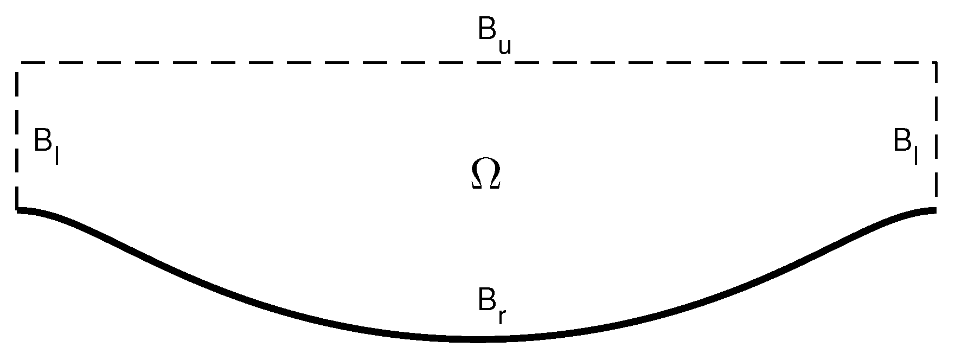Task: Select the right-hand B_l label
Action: click(x=905, y=145)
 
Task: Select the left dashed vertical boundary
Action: click(x=18, y=136)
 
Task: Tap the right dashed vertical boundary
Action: click(x=935, y=136)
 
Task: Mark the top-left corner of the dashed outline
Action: click(x=18, y=63)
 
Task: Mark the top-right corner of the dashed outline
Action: click(x=935, y=63)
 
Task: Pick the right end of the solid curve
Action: click(x=934, y=210)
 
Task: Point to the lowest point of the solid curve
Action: click(x=477, y=339)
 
